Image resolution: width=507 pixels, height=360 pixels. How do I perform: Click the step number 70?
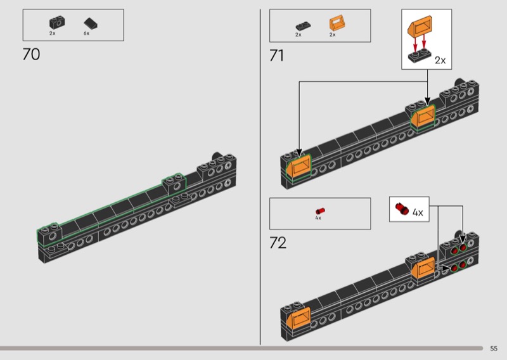(31, 55)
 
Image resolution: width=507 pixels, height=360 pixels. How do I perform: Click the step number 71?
(277, 55)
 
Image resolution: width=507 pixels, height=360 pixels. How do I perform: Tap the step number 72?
(278, 243)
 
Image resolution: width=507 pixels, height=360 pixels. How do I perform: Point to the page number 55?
(494, 349)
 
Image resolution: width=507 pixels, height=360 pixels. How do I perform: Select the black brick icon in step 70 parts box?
(57, 23)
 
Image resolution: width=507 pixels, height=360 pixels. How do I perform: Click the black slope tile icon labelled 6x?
(91, 23)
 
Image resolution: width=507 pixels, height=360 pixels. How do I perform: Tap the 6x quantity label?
(86, 34)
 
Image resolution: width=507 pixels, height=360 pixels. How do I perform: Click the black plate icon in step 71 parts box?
(304, 26)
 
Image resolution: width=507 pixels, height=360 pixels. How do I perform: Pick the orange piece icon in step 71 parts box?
(337, 23)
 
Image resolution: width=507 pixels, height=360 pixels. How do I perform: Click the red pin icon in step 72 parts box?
(320, 211)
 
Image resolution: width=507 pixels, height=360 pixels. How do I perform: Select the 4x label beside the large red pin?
(418, 212)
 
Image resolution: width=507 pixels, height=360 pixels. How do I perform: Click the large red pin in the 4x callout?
(402, 209)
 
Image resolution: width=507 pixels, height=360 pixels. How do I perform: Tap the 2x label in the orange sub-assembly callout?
(440, 60)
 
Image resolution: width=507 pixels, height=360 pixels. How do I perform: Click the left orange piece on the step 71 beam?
(298, 166)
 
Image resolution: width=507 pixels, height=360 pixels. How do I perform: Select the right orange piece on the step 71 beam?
(423, 117)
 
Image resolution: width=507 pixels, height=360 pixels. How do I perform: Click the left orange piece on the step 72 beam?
(298, 318)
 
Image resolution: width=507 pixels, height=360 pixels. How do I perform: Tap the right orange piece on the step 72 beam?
(423, 268)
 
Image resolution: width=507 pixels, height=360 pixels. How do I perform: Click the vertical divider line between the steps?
(260, 177)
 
